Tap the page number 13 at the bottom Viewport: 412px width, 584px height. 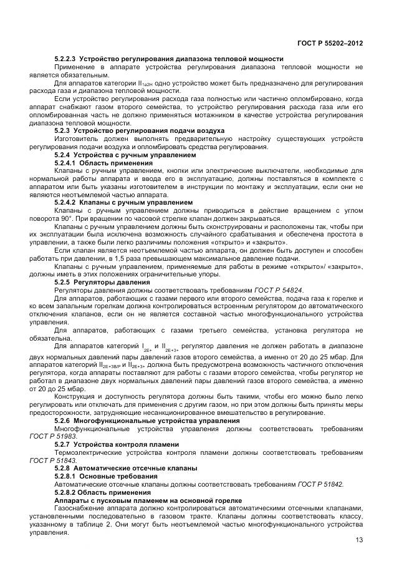point(358,540)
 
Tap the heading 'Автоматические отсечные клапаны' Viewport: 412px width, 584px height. point(135,467)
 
